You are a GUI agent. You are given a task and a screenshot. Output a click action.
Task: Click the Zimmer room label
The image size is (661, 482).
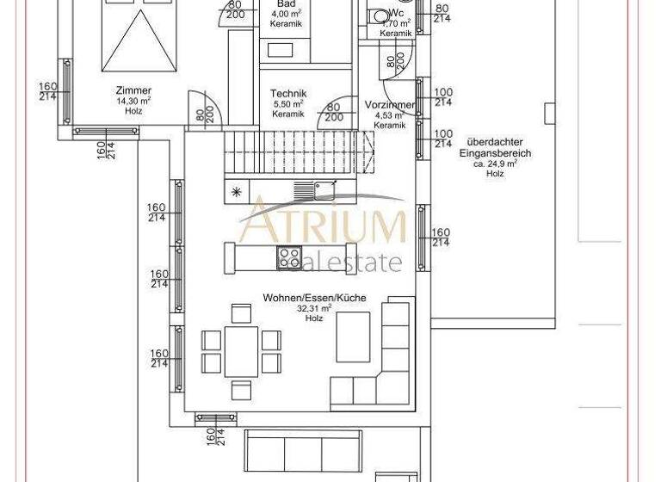point(133,90)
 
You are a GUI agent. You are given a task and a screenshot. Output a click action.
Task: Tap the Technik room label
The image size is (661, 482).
point(287,94)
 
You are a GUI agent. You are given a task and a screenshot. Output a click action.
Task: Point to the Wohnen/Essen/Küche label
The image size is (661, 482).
point(314,298)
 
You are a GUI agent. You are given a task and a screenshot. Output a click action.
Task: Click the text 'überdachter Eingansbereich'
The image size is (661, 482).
point(494,148)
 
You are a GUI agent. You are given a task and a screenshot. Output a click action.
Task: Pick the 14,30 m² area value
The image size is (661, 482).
point(133,101)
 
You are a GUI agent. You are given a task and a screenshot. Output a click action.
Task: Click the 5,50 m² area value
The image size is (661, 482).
point(287,104)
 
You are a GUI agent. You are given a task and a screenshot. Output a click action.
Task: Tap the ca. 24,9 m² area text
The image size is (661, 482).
point(494,164)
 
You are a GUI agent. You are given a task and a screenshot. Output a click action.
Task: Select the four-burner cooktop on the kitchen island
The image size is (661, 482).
point(288,256)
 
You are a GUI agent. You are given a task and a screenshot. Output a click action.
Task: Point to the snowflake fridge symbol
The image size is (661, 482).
point(237,192)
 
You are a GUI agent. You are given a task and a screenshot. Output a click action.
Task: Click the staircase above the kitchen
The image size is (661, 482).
point(299,151)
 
